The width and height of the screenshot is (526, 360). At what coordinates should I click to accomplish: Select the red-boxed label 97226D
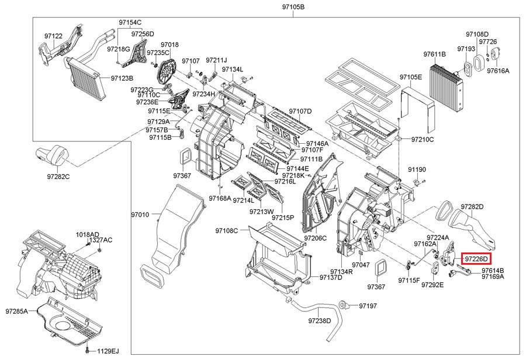[476, 258]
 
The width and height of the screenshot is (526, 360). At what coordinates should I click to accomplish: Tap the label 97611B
[434, 54]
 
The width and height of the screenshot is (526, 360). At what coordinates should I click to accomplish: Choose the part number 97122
[53, 36]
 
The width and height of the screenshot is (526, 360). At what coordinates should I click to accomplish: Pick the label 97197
[368, 306]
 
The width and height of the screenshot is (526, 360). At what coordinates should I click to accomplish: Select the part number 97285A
[17, 311]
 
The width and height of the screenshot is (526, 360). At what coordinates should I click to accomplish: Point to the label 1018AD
[87, 234]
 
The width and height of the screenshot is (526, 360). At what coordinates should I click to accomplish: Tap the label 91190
[417, 169]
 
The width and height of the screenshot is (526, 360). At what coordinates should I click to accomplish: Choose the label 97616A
[499, 70]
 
